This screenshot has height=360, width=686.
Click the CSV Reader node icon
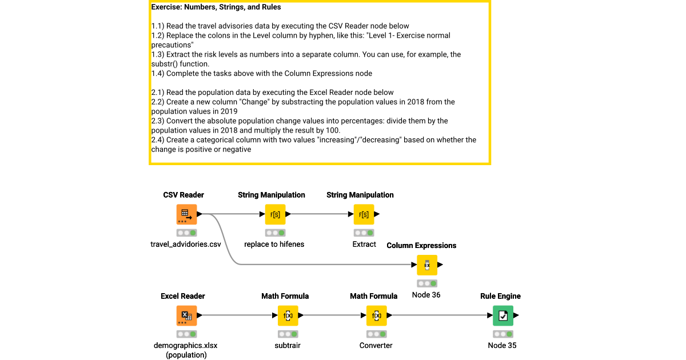pyautogui.click(x=186, y=214)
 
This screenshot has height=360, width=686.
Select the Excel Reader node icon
pyautogui.click(x=186, y=315)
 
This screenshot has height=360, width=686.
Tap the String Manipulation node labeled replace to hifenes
pyautogui.click(x=275, y=214)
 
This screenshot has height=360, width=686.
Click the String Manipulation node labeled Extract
pyautogui.click(x=364, y=214)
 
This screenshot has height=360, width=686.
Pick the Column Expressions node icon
pyautogui.click(x=427, y=265)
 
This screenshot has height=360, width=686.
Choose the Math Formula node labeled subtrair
pyautogui.click(x=288, y=315)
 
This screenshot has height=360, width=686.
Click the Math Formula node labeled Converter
pyautogui.click(x=376, y=315)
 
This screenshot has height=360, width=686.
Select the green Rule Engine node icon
pyautogui.click(x=503, y=315)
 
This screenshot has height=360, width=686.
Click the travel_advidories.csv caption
pyautogui.click(x=186, y=245)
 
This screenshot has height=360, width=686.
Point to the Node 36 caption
pyautogui.click(x=426, y=295)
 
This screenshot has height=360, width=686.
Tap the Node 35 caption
pyautogui.click(x=502, y=345)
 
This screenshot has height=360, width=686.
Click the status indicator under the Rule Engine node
pyautogui.click(x=503, y=334)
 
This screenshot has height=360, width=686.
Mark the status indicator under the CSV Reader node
pyautogui.click(x=186, y=233)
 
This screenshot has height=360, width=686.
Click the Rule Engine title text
pyautogui.click(x=500, y=296)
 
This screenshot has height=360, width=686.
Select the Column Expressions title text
pyautogui.click(x=421, y=246)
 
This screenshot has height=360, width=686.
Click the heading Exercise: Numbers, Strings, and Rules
pyautogui.click(x=216, y=7)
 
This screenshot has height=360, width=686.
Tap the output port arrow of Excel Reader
pyautogui.click(x=200, y=315)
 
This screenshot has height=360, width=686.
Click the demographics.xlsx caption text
pyautogui.click(x=186, y=346)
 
